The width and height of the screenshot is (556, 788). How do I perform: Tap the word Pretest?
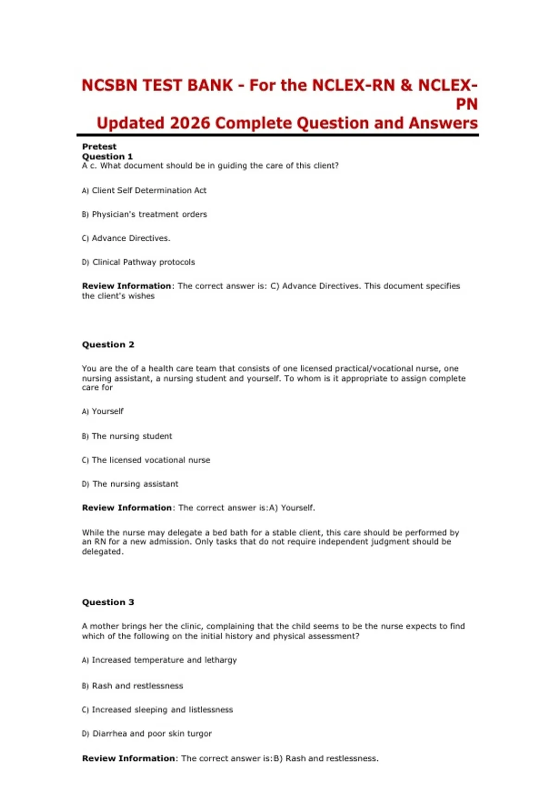point(99,146)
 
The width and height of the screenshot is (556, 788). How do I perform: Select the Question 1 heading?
point(107,157)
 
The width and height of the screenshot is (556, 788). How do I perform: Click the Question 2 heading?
point(108,344)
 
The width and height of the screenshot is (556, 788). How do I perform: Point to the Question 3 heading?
point(108,602)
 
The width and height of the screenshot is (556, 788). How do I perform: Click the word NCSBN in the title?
point(110,85)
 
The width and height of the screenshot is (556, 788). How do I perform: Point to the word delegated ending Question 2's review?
point(102,552)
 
